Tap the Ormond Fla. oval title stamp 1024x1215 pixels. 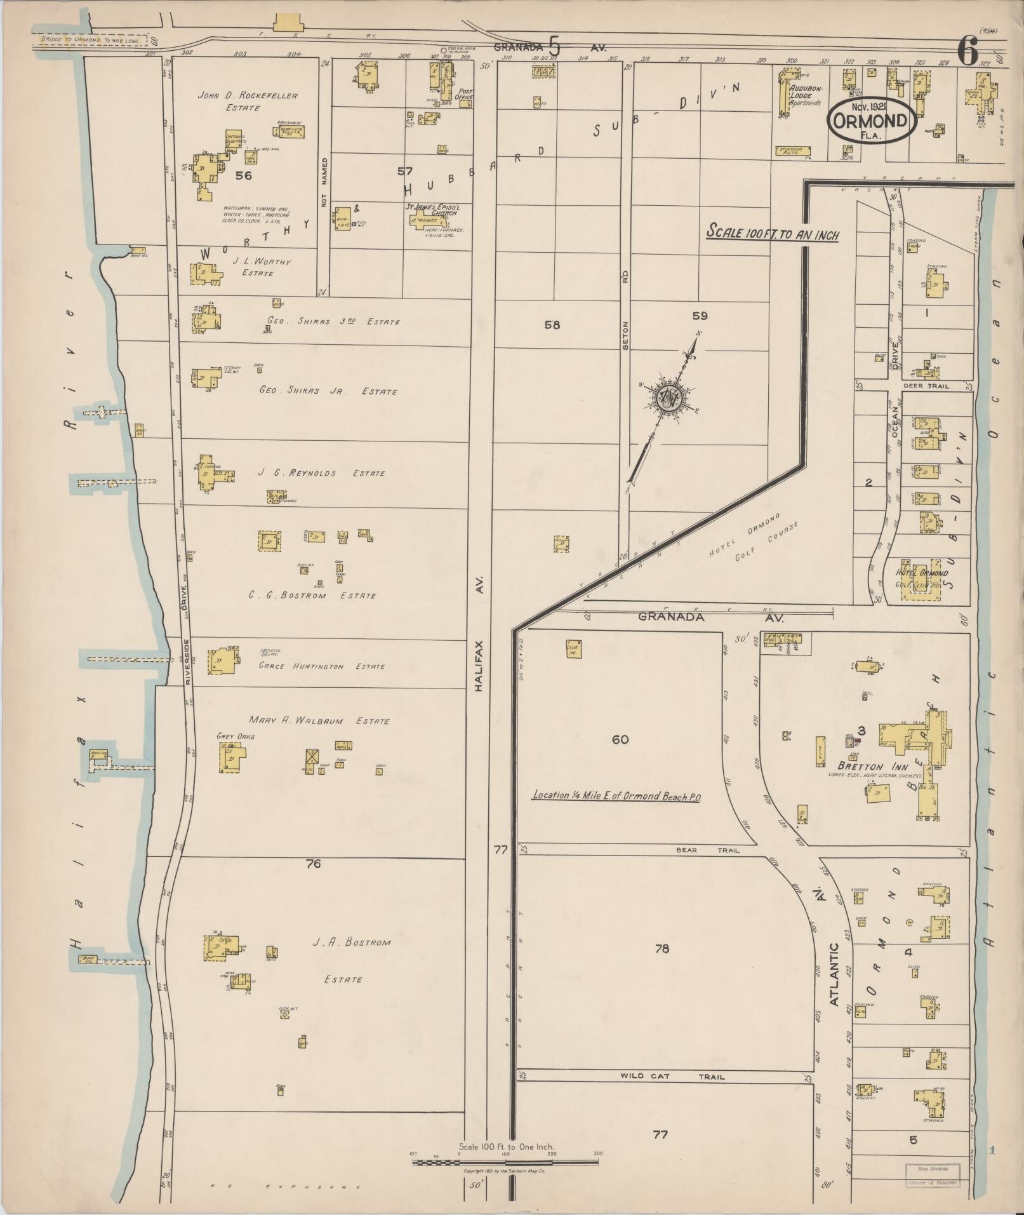point(870,119)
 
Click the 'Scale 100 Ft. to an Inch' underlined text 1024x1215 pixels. point(773,234)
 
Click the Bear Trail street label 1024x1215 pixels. point(707,850)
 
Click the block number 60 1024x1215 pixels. point(620,739)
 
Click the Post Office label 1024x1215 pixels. point(465,95)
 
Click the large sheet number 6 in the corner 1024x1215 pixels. point(967,52)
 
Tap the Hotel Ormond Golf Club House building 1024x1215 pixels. point(921,579)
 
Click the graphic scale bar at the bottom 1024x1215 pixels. point(505,1163)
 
